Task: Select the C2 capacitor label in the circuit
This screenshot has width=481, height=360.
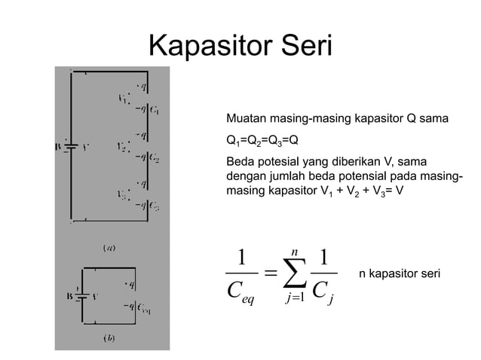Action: pos(154,158)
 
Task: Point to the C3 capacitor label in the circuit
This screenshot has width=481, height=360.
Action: pos(154,204)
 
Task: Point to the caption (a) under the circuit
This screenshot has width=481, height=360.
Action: pos(109,246)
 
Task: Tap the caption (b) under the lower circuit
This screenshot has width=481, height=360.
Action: pos(109,337)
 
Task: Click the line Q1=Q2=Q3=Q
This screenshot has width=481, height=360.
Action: pos(262,140)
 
